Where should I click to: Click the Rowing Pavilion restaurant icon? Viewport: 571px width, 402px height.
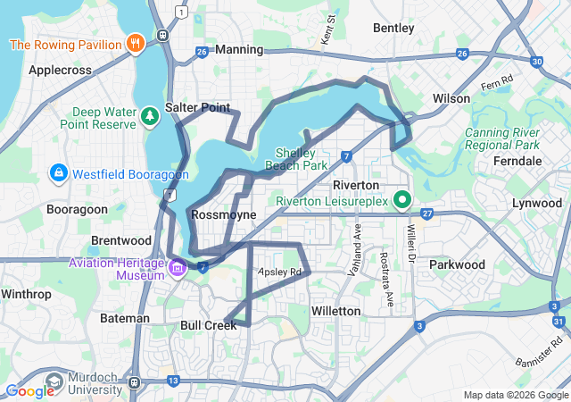[x=135, y=42]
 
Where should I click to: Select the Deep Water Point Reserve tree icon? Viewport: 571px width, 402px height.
[x=149, y=114]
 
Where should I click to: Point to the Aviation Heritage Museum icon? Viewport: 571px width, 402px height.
[x=177, y=267]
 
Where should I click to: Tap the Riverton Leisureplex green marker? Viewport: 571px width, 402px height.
[x=402, y=200]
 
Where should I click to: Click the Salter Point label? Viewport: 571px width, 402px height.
[x=197, y=107]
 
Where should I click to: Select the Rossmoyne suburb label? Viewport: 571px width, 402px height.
[x=223, y=215]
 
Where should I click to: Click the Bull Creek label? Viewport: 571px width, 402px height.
[x=209, y=325]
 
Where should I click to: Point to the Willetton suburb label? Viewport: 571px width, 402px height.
[x=335, y=311]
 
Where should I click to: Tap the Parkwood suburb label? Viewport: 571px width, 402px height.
[x=456, y=264]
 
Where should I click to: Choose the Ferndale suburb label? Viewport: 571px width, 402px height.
[x=517, y=161]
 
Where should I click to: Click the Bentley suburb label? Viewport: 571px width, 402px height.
[x=393, y=29]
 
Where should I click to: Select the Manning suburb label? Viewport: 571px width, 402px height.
[x=239, y=50]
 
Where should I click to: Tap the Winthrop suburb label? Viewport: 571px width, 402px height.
[x=26, y=293]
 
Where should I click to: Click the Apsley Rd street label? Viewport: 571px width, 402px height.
[x=280, y=272]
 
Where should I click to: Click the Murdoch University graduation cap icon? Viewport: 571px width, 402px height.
[x=55, y=381]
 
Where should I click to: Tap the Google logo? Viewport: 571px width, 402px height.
[x=29, y=390]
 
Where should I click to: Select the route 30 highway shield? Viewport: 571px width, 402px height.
[x=535, y=62]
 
